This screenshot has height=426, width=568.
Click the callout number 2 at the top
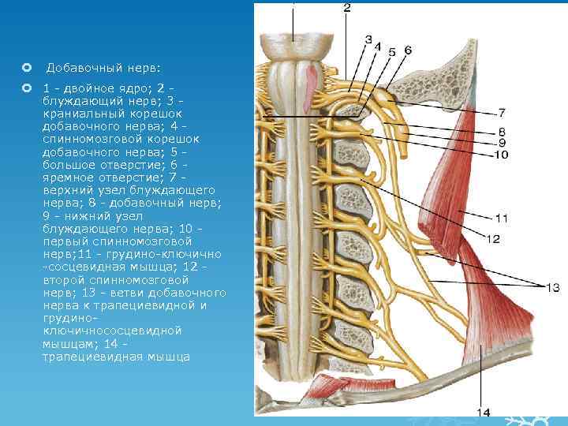coord(347,9)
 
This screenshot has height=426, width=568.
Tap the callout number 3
coord(368,39)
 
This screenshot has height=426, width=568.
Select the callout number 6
coord(407,50)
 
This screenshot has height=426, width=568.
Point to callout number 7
coord(502,113)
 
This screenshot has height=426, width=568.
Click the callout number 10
coord(502,155)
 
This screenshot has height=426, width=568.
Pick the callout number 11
coord(502,218)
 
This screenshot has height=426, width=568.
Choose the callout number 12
coord(493,237)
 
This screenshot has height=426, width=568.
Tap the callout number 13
coord(551,286)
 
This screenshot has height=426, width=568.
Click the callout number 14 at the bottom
coord(484,412)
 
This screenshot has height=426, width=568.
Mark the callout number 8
coord(502,131)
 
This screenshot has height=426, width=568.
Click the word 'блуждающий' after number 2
coord(74,101)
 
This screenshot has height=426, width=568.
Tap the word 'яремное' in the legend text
coord(71,178)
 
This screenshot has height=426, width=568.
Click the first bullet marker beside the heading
coord(27,68)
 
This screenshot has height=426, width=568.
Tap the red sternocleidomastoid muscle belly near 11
coord(450,181)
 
